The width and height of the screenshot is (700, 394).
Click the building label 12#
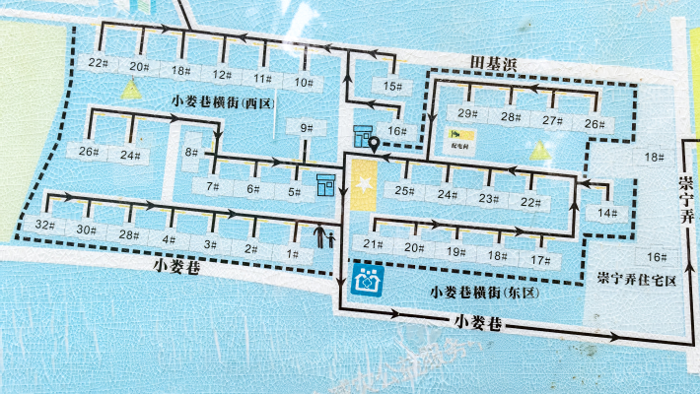coord(222,75)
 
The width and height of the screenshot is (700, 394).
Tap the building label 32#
coord(42,226)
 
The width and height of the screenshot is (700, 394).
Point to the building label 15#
coord(392,87)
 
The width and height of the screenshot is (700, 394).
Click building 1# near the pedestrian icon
coord(292,254)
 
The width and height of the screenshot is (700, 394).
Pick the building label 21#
coord(373,245)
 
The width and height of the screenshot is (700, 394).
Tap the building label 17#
coord(539,260)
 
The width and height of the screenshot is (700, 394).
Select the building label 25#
coord(402,190)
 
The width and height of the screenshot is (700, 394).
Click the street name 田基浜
coord(493,63)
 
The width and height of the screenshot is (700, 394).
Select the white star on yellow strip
coord(364,185)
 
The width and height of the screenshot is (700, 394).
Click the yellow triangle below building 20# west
coord(128,90)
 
